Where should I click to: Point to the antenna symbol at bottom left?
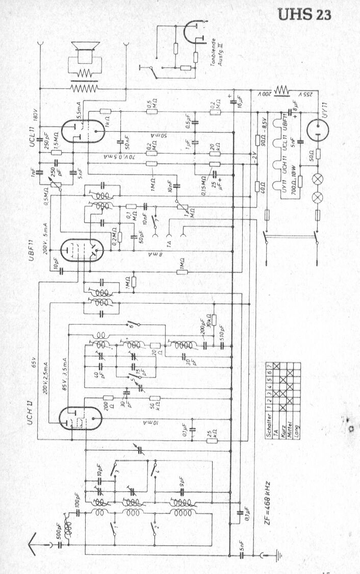34,541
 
